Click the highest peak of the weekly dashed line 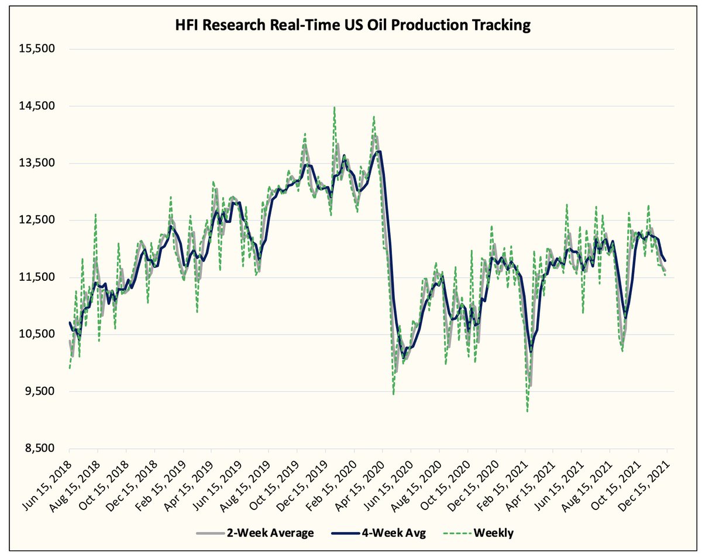(x=334, y=107)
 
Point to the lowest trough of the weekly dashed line (x=528, y=412)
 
